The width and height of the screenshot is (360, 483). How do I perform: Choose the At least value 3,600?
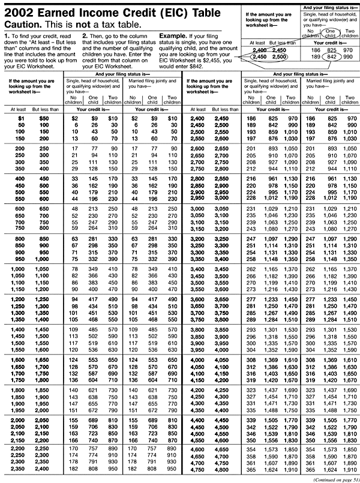click(x=198, y=298)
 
